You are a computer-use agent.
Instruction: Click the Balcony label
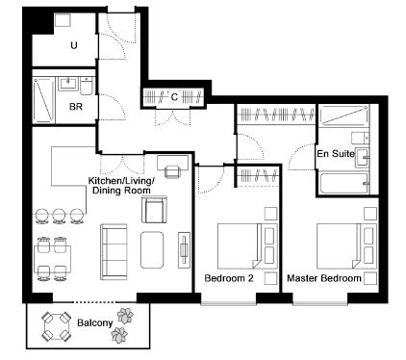(x=95, y=322)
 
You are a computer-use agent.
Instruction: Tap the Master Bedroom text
(x=324, y=278)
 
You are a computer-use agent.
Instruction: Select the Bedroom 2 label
(x=229, y=278)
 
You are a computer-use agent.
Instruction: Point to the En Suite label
(x=336, y=154)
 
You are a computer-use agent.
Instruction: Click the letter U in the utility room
(x=74, y=45)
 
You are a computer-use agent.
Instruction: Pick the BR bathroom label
(x=76, y=107)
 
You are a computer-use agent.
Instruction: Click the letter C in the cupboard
(x=174, y=96)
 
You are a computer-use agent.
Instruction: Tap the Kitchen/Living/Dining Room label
(x=121, y=185)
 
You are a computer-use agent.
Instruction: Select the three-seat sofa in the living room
(x=114, y=251)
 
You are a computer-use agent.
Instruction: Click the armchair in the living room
(x=155, y=210)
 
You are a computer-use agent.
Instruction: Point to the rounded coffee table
(x=152, y=250)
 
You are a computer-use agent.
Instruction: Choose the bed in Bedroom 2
(x=247, y=246)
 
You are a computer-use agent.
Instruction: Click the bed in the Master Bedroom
(x=346, y=246)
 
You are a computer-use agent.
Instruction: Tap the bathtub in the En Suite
(x=344, y=184)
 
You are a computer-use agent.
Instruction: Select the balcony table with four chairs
(x=57, y=327)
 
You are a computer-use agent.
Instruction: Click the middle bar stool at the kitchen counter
(x=60, y=216)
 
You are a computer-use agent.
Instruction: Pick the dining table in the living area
(x=53, y=259)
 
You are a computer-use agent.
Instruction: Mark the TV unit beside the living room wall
(x=184, y=250)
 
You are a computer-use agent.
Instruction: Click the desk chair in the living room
(x=173, y=171)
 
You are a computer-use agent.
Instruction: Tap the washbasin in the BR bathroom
(x=67, y=84)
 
